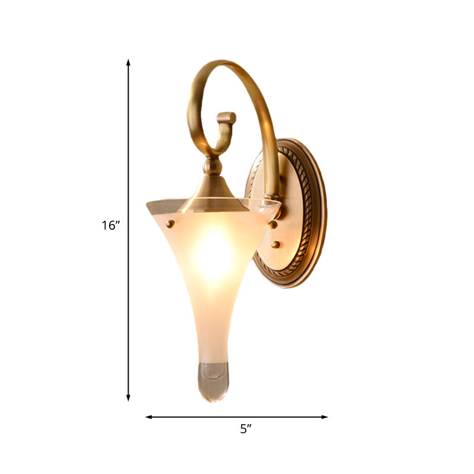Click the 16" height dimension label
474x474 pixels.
point(110,226)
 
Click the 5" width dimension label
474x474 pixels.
point(246,430)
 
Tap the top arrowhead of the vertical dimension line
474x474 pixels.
point(128,63)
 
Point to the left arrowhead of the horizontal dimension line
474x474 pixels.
point(149,417)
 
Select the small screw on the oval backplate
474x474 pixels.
point(276,244)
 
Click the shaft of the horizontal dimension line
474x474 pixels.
point(237,417)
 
